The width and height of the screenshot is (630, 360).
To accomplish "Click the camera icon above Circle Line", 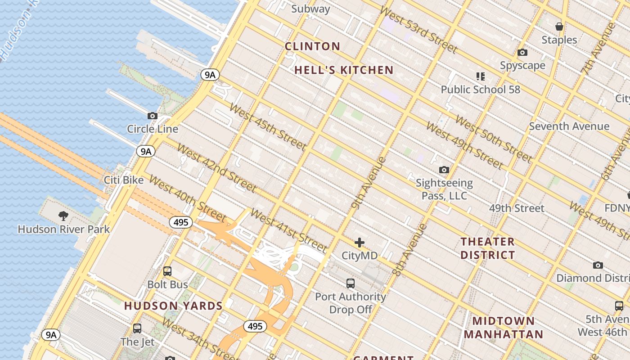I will [153, 116].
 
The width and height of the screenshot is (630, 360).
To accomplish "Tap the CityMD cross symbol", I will [360, 243].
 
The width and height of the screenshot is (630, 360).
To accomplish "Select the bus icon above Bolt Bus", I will [167, 271].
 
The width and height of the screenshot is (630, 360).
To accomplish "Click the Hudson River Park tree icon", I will [63, 216].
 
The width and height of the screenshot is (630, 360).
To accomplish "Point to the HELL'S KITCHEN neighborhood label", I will [344, 70].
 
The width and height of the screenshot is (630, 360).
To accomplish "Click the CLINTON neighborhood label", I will [313, 46].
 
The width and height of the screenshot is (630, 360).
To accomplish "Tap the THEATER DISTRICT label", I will [487, 248].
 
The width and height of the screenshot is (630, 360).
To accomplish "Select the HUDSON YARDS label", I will [173, 306].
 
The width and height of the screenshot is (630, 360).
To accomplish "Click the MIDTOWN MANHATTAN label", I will [504, 328].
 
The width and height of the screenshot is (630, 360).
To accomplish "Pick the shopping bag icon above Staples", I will [559, 27].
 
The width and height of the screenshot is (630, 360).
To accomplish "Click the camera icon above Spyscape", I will [522, 53].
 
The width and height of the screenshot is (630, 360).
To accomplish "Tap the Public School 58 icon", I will [480, 76].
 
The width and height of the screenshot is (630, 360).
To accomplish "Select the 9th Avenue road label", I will [369, 183].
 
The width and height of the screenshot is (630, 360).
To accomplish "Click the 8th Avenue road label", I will [409, 250].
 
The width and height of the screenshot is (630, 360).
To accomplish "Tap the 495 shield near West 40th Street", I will [181, 222].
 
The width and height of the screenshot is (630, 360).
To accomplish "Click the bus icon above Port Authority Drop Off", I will [351, 283].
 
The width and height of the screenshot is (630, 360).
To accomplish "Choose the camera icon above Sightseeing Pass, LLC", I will [444, 170].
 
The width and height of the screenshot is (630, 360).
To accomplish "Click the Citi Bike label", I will [124, 180].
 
